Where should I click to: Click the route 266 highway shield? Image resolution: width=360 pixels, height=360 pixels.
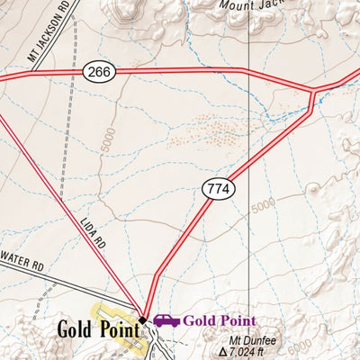pos(99,71)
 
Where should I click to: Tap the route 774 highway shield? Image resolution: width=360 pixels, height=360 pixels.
pos(215,188)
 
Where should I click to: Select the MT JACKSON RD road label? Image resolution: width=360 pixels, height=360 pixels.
pos(49,40)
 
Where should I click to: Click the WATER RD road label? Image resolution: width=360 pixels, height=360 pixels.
pos(22,267)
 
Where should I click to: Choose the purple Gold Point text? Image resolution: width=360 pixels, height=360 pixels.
pos(220,320)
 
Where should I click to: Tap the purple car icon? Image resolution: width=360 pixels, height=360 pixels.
pos(166,320)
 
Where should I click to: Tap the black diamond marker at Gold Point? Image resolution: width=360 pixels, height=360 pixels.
pos(142,319)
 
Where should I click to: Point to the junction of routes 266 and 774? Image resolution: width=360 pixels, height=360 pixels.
pos(312,91)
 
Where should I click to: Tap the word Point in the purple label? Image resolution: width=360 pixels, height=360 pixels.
pos(237,320)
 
